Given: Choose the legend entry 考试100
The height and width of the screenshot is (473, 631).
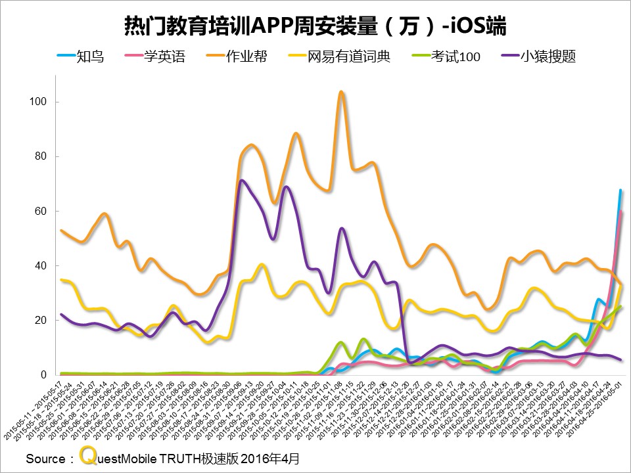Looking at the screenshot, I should click(456, 56).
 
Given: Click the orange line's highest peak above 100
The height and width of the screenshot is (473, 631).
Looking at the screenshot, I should click(341, 92).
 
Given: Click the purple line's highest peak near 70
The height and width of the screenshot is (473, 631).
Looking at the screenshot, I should click(242, 180).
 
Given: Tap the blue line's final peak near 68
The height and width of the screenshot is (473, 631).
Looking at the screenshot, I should click(620, 190).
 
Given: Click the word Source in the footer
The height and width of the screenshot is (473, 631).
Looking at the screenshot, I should click(46, 458).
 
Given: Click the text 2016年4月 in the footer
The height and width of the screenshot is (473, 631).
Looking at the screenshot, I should click(269, 458).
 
